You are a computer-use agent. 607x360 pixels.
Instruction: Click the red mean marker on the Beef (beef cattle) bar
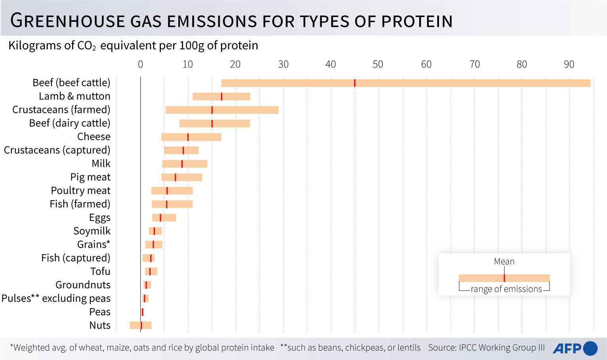click(355, 83)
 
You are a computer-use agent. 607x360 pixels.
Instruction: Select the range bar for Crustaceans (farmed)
click(222, 110)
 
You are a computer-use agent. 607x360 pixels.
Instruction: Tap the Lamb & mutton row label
click(74, 96)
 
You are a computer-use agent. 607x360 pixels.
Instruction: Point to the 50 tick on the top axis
click(378, 64)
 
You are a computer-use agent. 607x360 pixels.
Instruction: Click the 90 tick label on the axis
click(569, 64)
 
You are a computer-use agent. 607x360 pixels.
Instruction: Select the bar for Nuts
click(141, 326)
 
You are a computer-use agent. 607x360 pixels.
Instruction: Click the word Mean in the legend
click(504, 262)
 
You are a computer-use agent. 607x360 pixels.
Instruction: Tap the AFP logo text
click(567, 349)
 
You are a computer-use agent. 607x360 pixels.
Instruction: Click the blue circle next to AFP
click(590, 348)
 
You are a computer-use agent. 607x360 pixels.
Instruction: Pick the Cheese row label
click(94, 137)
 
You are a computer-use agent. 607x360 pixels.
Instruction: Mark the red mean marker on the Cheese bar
click(188, 137)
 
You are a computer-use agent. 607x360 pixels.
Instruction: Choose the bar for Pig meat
click(181, 177)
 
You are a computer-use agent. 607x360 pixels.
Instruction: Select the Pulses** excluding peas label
click(56, 299)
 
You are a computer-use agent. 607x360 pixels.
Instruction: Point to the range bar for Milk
click(185, 164)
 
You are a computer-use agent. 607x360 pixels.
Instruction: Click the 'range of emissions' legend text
click(506, 289)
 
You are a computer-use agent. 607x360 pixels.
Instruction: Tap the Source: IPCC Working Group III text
click(486, 348)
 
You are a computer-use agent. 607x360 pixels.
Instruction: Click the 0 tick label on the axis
click(140, 64)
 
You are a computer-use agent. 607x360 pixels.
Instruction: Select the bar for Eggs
click(164, 218)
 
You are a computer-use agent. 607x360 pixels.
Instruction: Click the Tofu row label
click(100, 272)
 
